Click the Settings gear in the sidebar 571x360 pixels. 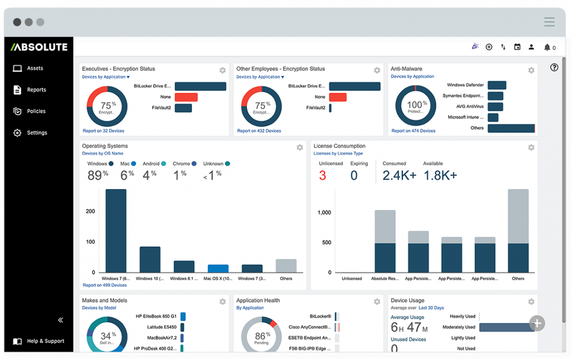point(18,133)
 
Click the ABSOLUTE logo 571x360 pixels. point(39,47)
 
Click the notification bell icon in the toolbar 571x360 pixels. point(547,47)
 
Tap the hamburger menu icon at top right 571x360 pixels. point(549,22)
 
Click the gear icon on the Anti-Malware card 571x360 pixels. point(531,70)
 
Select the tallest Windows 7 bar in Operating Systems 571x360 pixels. point(116,230)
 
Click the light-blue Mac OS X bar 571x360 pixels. point(218,268)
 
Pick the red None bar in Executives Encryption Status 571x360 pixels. point(186,97)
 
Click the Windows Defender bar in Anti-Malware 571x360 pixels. point(497,85)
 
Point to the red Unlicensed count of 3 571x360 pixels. point(322,176)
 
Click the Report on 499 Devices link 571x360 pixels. point(104,285)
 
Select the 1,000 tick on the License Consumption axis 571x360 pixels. point(324,213)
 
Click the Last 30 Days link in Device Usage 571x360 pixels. point(431,308)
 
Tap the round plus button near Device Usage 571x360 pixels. point(537,323)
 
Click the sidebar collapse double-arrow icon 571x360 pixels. point(61,320)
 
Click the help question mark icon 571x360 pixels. point(554,68)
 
